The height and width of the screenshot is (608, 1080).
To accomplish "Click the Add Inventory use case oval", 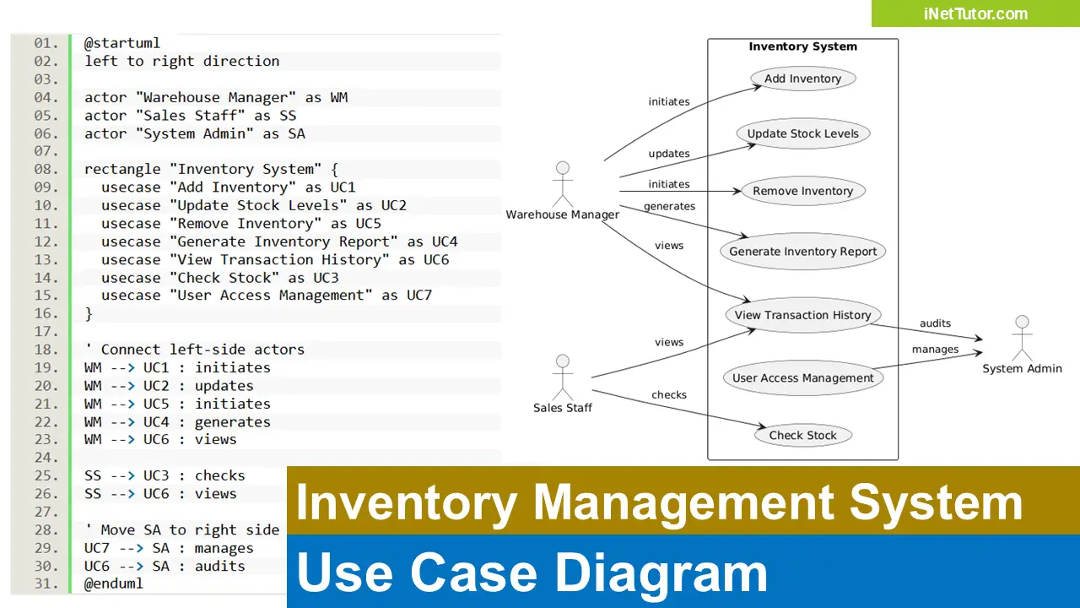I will click(x=802, y=79).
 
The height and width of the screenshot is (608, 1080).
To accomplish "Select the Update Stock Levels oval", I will click(x=802, y=133).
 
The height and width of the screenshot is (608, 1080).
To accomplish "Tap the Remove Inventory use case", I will click(x=802, y=191).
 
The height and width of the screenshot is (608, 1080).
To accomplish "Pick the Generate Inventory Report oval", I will click(x=802, y=252).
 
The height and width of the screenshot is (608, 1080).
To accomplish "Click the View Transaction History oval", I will click(x=802, y=315).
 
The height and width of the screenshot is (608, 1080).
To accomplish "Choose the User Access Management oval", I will click(x=802, y=378).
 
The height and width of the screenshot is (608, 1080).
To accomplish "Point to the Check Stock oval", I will click(x=802, y=436).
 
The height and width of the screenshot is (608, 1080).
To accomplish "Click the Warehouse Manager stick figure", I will click(x=562, y=184).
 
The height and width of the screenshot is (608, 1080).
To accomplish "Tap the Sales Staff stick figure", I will click(x=562, y=377).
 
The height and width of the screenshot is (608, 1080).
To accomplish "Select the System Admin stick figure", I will click(x=1022, y=338).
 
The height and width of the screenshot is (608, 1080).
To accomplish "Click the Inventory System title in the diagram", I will click(x=802, y=47).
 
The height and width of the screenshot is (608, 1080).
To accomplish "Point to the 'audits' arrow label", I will click(x=935, y=323).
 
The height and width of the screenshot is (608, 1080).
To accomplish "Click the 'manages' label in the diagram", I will click(x=935, y=350).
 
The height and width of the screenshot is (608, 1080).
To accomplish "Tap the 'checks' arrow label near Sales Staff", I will click(x=668, y=395).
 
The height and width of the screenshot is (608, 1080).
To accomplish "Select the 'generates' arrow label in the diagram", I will click(x=669, y=207).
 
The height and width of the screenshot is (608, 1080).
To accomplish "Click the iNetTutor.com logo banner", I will click(x=975, y=14).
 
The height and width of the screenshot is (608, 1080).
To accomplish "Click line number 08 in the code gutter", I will click(x=46, y=169).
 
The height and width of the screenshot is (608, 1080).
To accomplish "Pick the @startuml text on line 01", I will click(x=121, y=43).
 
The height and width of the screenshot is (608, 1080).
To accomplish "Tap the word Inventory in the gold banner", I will click(x=407, y=502).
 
